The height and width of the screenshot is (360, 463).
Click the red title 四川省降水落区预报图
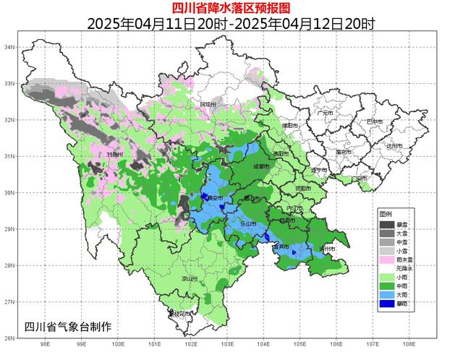pos(231,8)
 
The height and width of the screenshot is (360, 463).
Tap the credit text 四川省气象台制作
pos(68,326)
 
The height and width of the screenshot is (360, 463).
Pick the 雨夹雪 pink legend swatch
pos(386,260)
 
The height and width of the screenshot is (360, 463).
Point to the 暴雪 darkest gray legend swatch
pos(386,223)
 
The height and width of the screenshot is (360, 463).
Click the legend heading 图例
pos(385,214)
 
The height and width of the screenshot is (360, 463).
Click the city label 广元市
pos(325,113)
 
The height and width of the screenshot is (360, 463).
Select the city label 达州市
pos(394,145)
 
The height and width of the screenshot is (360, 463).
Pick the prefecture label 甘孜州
pos(115,155)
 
